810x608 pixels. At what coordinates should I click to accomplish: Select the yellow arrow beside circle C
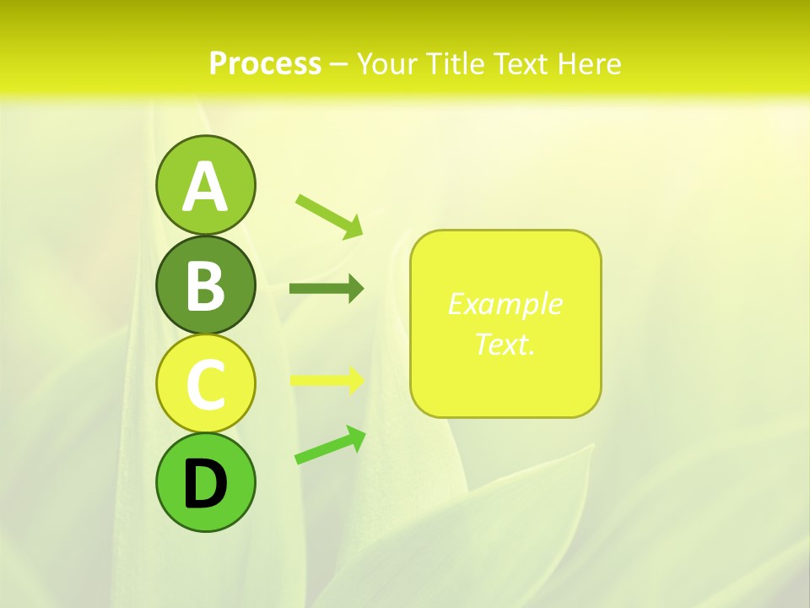pyautogui.click(x=327, y=380)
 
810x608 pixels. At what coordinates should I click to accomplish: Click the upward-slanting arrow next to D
pyautogui.click(x=330, y=446)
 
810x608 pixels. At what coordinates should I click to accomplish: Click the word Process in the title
pyautogui.click(x=265, y=63)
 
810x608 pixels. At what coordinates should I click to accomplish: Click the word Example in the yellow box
pyautogui.click(x=505, y=304)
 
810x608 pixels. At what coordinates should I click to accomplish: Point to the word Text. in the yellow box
pyautogui.click(x=505, y=344)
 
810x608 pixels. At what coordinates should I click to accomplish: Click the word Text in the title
pyautogui.click(x=520, y=63)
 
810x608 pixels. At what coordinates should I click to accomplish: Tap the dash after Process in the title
pyautogui.click(x=338, y=64)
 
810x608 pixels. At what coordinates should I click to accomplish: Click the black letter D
pyautogui.click(x=205, y=486)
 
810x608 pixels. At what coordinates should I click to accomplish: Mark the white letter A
pyautogui.click(x=205, y=187)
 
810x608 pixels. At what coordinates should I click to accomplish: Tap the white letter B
pyautogui.click(x=205, y=285)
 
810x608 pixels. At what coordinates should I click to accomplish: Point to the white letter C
pyautogui.click(x=205, y=384)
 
